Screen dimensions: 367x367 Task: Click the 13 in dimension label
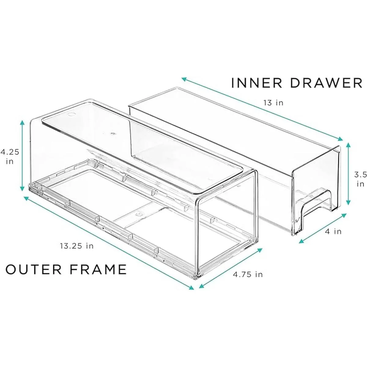[273, 103]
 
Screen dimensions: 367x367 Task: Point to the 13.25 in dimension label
[77, 246]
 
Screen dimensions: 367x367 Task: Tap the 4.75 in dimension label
[248, 274]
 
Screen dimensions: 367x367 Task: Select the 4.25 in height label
[10, 157]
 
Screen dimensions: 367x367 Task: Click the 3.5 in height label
[360, 179]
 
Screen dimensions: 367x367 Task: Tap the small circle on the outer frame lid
[72, 115]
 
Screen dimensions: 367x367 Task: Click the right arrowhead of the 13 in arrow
[340, 139]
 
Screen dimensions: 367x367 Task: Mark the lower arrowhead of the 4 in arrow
[301, 242]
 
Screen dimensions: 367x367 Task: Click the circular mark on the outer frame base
[139, 214]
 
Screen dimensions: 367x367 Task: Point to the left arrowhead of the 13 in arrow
[184, 79]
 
